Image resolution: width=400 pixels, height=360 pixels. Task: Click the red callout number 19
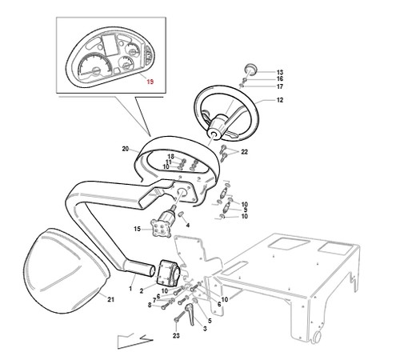[x=150, y=82]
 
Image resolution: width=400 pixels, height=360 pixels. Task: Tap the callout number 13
[x=280, y=72]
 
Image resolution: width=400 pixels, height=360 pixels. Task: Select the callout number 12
[x=280, y=100]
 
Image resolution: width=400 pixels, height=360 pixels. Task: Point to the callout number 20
[x=126, y=149]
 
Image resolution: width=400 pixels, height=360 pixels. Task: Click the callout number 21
[x=110, y=299]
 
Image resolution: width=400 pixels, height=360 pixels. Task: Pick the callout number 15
[x=137, y=229]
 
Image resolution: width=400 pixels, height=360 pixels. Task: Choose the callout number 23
[x=176, y=335]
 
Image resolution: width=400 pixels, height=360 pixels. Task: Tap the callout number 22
[x=244, y=152]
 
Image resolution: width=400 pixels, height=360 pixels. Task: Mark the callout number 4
[x=188, y=226]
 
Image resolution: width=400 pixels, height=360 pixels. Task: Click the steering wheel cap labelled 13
[x=251, y=69]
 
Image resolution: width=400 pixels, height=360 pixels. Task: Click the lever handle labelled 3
[x=192, y=314]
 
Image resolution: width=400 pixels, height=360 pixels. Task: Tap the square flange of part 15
[x=161, y=228]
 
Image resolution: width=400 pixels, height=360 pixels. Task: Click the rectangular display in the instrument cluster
[x=110, y=45]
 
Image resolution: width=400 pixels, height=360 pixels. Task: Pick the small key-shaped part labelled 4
[x=181, y=214]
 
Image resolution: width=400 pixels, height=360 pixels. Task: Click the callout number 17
[x=280, y=86]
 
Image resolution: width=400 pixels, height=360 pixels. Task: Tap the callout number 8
[x=150, y=305]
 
